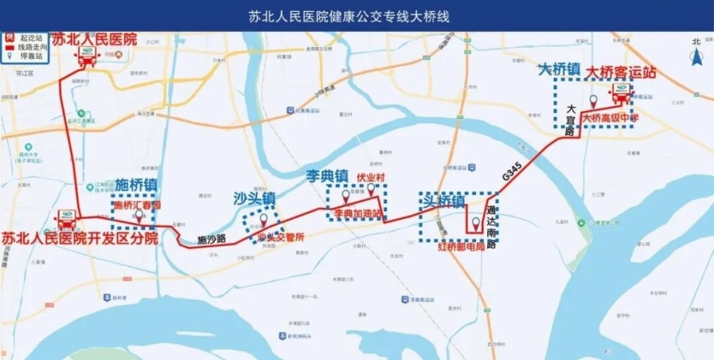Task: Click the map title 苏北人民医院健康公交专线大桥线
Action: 356,15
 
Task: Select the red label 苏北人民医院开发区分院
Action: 80,238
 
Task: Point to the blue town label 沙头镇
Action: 254,199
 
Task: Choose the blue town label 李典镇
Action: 327,177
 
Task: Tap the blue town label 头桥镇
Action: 443,201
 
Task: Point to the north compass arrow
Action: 696,56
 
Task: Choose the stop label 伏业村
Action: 370,178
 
